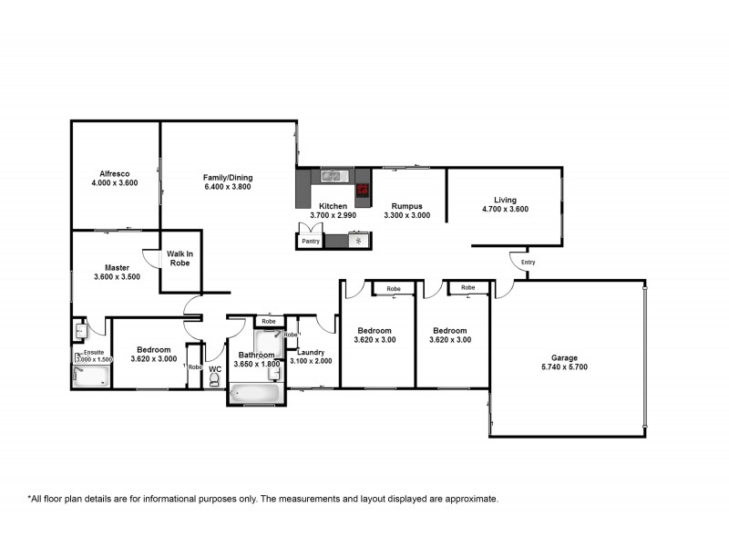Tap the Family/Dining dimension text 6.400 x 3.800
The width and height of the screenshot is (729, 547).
[227, 187]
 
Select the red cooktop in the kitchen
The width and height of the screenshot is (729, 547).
[362, 191]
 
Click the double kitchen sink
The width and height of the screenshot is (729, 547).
[330, 175]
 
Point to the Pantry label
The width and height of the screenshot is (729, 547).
[311, 243]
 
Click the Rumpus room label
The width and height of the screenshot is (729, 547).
[407, 206]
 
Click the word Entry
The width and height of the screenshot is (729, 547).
[528, 263]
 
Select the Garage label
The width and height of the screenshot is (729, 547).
[565, 357]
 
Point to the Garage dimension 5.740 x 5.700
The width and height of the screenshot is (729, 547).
[565, 367]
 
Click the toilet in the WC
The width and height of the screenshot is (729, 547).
[215, 377]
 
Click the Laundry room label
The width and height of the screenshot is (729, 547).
[311, 352]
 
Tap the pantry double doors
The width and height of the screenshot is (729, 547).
[310, 228]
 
